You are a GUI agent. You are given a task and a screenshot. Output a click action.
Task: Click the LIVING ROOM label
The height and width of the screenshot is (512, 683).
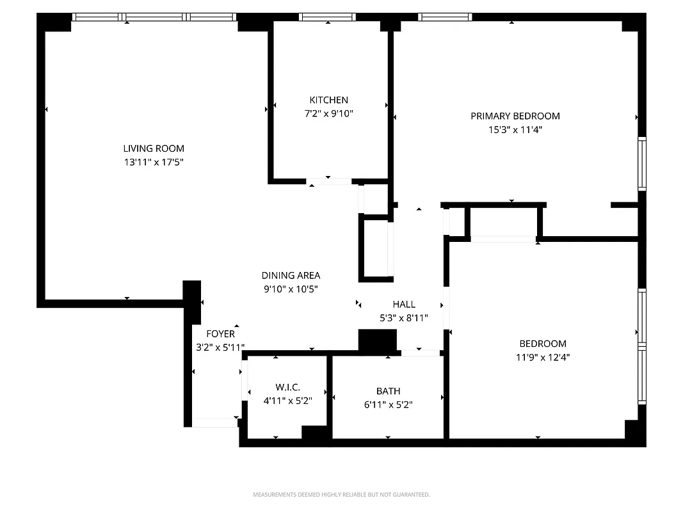pyautogui.click(x=154, y=148)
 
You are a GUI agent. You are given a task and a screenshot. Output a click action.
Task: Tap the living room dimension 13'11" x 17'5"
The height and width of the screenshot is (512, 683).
pyautogui.click(x=154, y=163)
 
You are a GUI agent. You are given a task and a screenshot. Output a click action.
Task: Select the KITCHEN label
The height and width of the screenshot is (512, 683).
pyautogui.click(x=328, y=100)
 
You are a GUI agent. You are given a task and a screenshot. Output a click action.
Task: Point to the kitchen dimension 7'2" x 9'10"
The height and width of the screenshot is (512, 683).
pyautogui.click(x=328, y=114)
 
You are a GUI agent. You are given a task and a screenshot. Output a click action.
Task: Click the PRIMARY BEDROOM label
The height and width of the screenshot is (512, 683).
pyautogui.click(x=515, y=116)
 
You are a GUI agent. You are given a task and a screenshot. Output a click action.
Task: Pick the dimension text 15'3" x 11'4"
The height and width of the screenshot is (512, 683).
pyautogui.click(x=515, y=130)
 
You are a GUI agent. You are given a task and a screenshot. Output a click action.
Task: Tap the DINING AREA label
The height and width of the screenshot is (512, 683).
pyautogui.click(x=291, y=275)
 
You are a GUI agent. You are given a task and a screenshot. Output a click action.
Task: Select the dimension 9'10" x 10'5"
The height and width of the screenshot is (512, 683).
pyautogui.click(x=291, y=289)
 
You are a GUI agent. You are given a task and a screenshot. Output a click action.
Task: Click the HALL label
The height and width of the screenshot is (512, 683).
pyautogui.click(x=404, y=304)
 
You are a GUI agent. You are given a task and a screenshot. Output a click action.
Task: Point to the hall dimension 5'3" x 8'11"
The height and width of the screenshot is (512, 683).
pyautogui.click(x=404, y=318)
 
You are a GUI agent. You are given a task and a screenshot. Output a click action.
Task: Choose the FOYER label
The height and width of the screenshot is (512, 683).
pyautogui.click(x=220, y=333)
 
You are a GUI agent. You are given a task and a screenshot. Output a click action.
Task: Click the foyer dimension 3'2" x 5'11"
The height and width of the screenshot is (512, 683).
pyautogui.click(x=220, y=348)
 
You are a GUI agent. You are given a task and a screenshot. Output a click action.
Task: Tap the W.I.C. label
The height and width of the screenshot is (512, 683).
pyautogui.click(x=287, y=387)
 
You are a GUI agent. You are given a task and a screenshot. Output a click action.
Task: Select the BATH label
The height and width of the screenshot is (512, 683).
pyautogui.click(x=388, y=390)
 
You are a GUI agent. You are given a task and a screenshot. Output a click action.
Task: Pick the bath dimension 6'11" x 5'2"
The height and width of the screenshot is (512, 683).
pyautogui.click(x=388, y=404)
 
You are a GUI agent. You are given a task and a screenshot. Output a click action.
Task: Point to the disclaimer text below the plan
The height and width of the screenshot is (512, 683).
pyautogui.click(x=341, y=495)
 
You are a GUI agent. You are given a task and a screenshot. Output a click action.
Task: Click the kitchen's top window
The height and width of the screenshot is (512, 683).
pyautogui.click(x=328, y=17)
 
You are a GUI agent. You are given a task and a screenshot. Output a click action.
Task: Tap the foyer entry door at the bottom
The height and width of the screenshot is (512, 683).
pyautogui.click(x=215, y=422)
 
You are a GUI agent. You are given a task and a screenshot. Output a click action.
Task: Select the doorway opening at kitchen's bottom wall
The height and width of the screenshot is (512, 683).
pyautogui.click(x=328, y=182)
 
